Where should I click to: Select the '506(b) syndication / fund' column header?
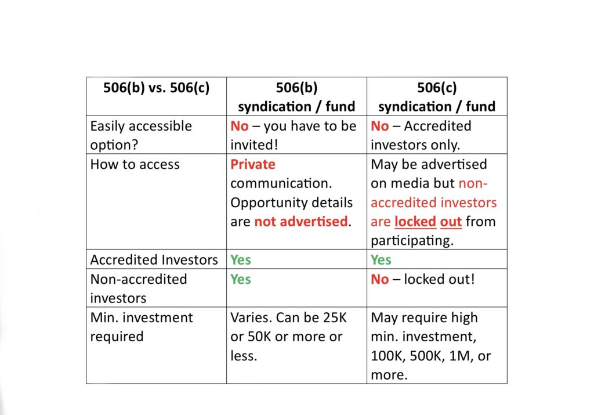tap(296, 97)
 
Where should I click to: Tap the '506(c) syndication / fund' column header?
tap(437, 97)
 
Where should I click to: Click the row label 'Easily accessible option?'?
tap(141, 135)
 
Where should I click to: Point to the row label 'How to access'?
tap(135, 164)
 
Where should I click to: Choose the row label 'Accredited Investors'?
tap(154, 260)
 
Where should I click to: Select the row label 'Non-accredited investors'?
tap(139, 288)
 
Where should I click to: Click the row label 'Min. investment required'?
tap(142, 327)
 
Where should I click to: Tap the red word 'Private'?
tap(253, 164)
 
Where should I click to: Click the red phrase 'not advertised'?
tap(301, 222)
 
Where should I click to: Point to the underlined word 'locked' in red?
tap(415, 222)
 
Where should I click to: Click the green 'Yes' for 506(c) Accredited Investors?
tap(381, 260)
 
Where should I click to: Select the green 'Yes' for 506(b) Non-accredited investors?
tap(241, 279)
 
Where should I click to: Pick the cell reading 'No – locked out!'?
tap(423, 279)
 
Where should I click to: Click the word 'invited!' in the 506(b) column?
tap(254, 145)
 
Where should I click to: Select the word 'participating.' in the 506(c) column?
tap(412, 241)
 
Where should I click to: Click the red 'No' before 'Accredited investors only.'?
tap(379, 126)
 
